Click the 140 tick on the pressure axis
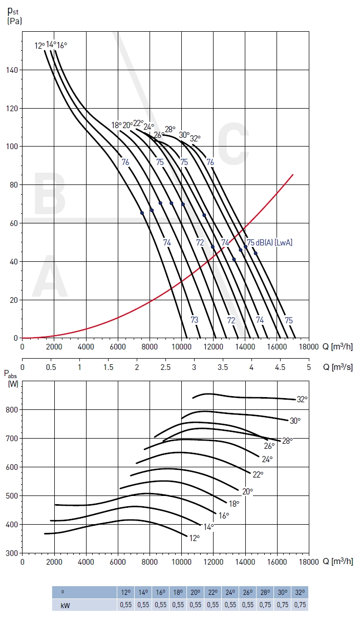coord(13,70)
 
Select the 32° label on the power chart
coord(302,400)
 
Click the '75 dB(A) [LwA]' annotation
coord(269,242)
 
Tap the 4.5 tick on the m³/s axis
coord(280,367)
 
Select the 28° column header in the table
coord(265,592)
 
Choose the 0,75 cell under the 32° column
coord(300,605)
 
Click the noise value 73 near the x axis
coord(195,320)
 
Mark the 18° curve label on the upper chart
coord(116,125)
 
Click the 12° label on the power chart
coord(194,538)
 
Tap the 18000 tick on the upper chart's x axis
coord(309,347)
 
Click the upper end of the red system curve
coord(293,175)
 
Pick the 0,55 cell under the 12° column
coord(125,605)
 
